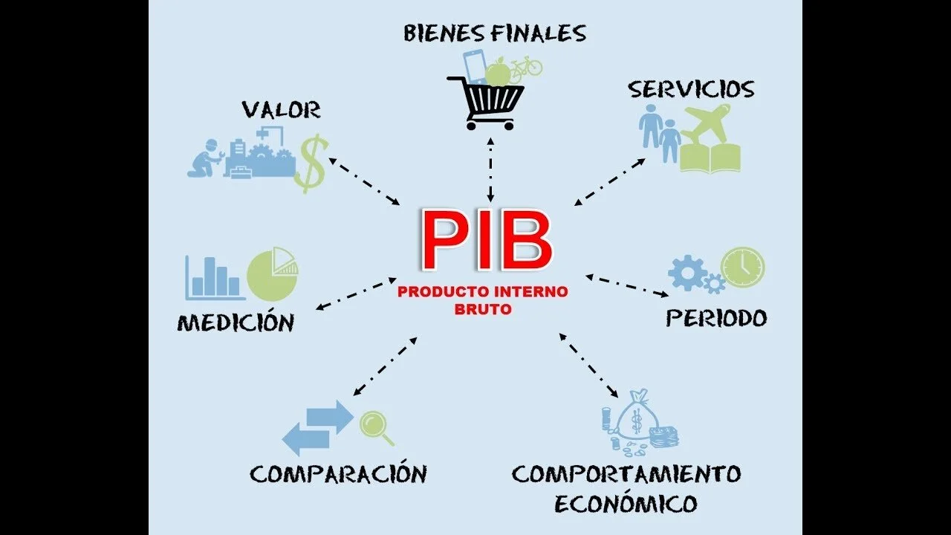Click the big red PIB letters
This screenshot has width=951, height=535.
[487, 239]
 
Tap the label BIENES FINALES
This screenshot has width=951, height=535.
[495, 33]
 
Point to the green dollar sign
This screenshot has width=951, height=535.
[311, 163]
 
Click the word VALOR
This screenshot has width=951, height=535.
[281, 111]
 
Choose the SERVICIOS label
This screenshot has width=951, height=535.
[691, 90]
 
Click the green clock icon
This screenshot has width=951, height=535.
[742, 267]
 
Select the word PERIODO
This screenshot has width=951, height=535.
[716, 318]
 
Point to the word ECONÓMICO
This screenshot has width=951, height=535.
[626, 505]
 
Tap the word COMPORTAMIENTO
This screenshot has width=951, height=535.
[626, 473]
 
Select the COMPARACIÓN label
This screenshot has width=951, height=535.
[339, 473]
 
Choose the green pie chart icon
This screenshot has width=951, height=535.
[272, 273]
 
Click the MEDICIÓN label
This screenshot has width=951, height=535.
[236, 322]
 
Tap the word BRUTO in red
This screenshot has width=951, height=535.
[483, 308]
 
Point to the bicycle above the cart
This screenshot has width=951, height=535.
[525, 66]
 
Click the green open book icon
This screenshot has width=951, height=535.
[710, 158]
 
